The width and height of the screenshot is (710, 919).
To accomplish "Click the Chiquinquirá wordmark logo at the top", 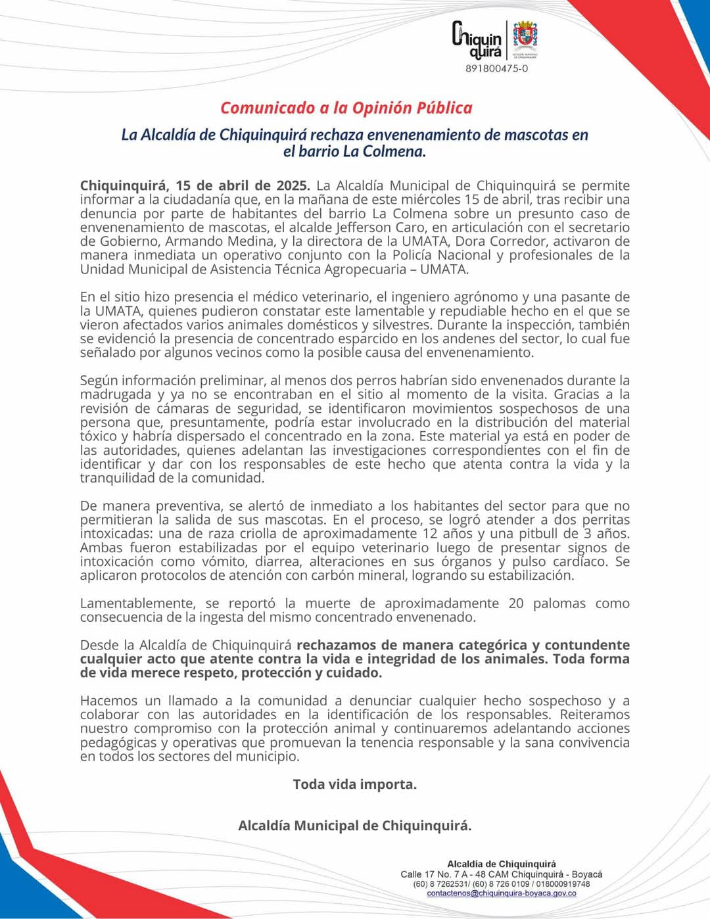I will pos(477,39).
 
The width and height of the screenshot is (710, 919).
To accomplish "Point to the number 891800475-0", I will pos(496,68).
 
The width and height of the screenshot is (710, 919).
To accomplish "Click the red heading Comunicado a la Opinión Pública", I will pos(346,108).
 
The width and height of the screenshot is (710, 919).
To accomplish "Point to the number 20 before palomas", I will pos(516,603).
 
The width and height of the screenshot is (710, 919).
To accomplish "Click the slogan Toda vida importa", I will pos(354,784).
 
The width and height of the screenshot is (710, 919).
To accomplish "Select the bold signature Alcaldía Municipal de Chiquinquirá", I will pos(354,826).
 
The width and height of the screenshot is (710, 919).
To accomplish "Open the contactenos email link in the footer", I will pos(501,893).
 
